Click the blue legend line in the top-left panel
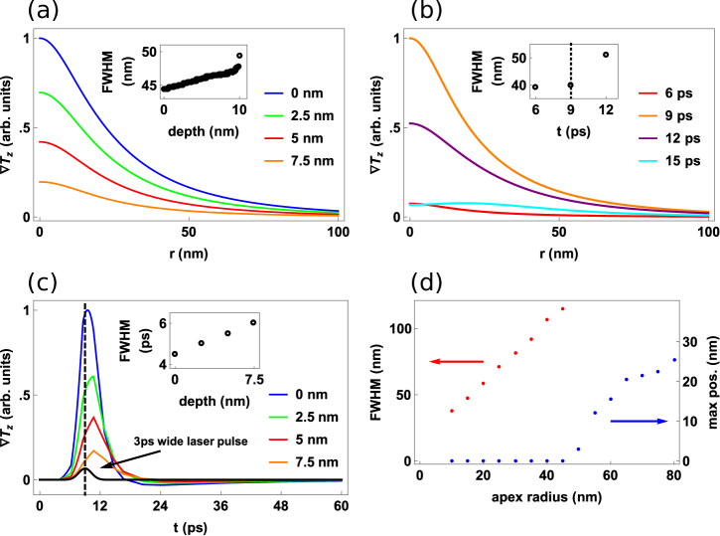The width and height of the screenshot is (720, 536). [x=273, y=93]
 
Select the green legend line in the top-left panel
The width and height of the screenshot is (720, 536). [x=273, y=116]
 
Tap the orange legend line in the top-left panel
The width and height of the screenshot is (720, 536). [x=273, y=161]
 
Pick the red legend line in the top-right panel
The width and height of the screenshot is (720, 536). [x=647, y=93]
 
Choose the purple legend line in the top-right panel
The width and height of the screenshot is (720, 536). [x=647, y=138]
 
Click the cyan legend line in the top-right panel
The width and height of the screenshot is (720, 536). [x=647, y=161]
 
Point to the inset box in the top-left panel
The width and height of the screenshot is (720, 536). [x=204, y=72]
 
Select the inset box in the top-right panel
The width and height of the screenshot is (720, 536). [x=574, y=72]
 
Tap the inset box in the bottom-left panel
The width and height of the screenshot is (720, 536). [x=215, y=340]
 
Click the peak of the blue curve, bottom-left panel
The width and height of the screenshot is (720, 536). [x=87, y=311]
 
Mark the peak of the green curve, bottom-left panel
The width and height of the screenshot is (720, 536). [x=92, y=376]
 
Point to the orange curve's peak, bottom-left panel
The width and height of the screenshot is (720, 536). [x=93, y=450]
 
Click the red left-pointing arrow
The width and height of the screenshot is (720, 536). [x=456, y=361]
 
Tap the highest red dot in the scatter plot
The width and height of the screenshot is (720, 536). [x=562, y=308]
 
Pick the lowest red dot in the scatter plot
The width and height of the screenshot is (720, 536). [x=451, y=411]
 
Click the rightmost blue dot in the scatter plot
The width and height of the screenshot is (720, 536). [x=674, y=359]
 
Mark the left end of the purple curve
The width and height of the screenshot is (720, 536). [x=410, y=123]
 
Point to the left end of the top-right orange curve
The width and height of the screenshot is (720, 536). [x=410, y=39]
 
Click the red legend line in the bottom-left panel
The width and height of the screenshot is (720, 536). [x=277, y=440]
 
